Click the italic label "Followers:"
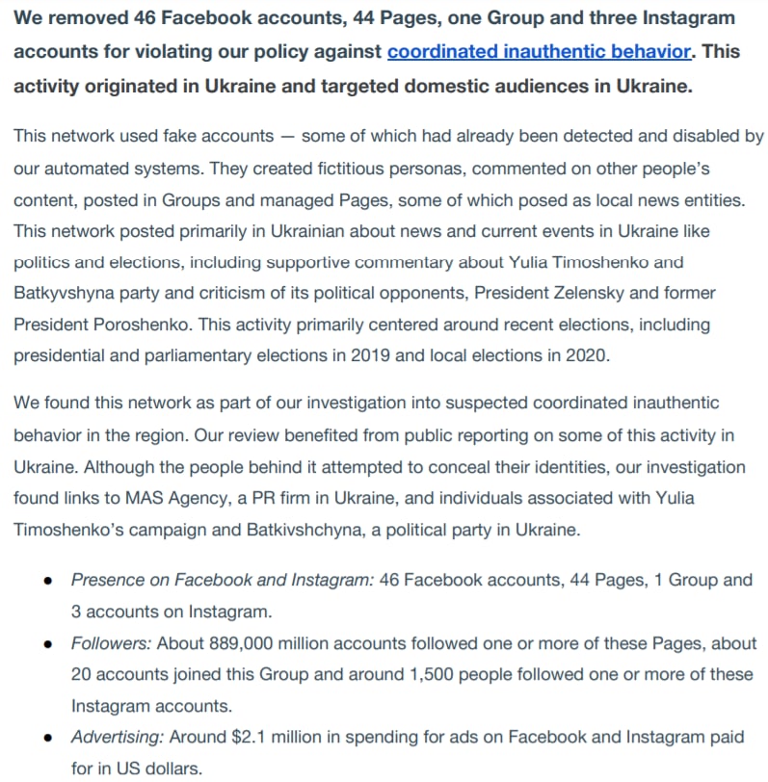tap(111, 643)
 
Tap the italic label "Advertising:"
tap(119, 738)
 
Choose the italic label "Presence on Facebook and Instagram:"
tap(223, 581)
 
